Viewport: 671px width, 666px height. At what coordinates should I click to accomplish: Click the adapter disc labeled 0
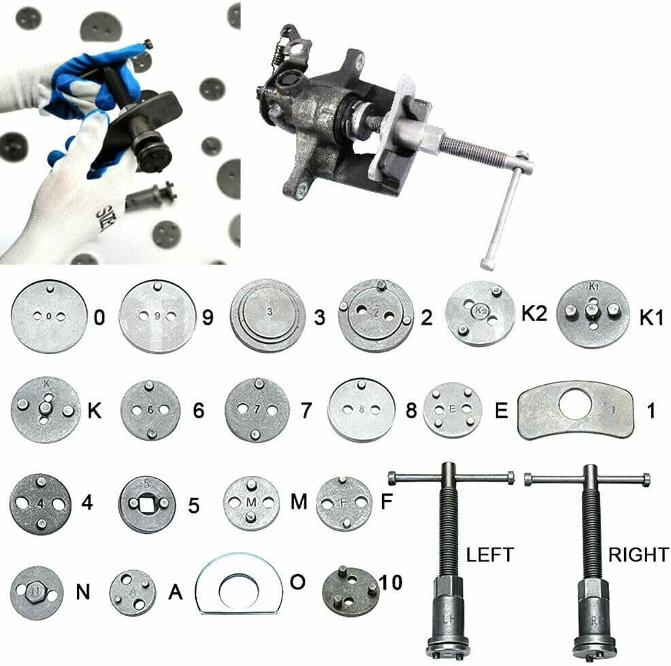point(48,317)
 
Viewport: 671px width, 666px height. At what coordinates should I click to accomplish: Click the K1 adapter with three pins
point(591,314)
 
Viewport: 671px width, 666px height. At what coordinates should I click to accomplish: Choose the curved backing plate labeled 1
point(576,410)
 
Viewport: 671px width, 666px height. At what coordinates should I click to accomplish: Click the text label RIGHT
point(638,554)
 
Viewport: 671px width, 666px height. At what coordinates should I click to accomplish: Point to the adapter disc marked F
point(344,503)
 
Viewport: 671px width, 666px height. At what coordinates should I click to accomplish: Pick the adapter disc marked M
point(252,503)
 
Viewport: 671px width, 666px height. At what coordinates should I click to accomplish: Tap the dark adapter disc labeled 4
point(41,505)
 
